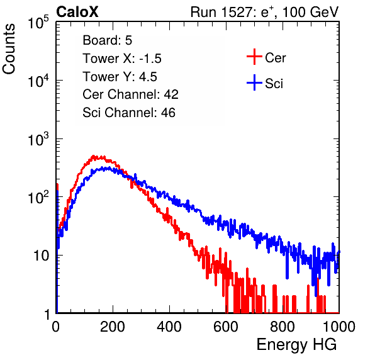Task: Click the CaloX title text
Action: point(77,12)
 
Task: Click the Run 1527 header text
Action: point(264,12)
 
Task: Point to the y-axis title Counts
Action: point(9,49)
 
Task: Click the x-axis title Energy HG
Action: point(296,345)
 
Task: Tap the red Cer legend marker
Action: point(254,57)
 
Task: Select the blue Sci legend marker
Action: point(254,82)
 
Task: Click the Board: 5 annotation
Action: point(108,40)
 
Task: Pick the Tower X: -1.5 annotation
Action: point(122,59)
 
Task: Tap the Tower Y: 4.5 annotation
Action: point(120,77)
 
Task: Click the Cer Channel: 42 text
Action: point(131,94)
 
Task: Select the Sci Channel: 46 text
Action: point(129,113)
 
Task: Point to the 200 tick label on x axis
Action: point(113,327)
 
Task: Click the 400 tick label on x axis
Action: point(169,327)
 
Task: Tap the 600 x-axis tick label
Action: point(226,327)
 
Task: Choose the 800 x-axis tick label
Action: point(283,327)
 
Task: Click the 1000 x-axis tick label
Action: point(339,327)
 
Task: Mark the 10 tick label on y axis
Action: point(42,256)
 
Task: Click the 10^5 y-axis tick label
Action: point(38,23)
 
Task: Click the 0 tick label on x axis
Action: point(55,327)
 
